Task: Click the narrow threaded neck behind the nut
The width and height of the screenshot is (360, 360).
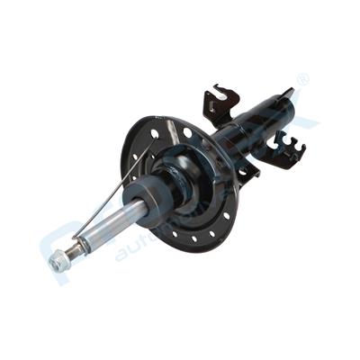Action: [70, 251]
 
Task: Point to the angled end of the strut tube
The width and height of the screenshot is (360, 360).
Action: [286, 96]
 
